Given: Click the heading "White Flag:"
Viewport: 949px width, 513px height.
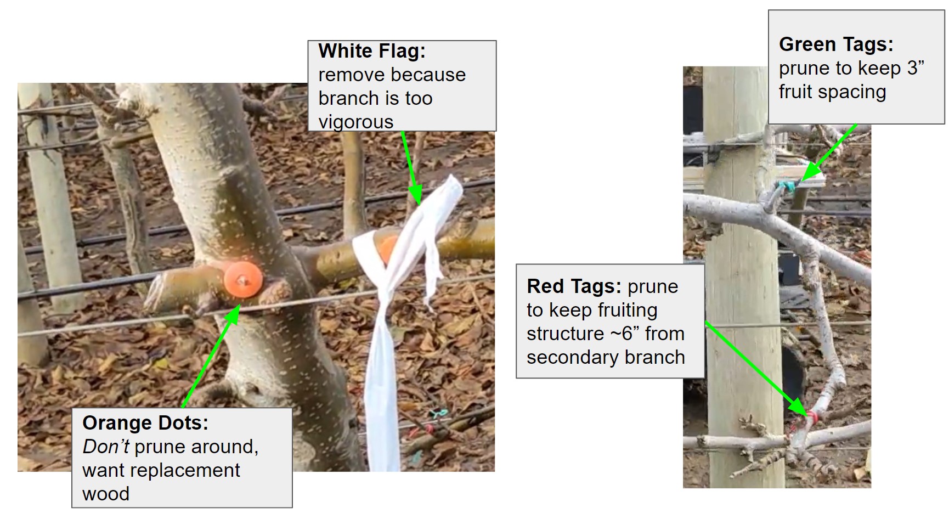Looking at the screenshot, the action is coord(372,51).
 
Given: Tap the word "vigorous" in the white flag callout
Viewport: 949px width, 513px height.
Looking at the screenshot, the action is coord(356,122).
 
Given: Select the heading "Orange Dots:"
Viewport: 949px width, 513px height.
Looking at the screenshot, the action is coord(145,423).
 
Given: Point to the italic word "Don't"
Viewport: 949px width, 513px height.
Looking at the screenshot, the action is coord(106,447).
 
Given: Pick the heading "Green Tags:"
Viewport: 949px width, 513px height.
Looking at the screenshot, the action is coord(836,44).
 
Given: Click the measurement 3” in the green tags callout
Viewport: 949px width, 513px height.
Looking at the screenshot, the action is coord(916,68).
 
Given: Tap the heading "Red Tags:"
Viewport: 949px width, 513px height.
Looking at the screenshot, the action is coord(574,286).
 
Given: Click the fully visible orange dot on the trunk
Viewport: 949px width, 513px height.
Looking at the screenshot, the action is coord(242,280).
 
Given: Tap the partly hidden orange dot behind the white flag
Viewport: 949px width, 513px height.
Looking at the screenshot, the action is coord(387,249).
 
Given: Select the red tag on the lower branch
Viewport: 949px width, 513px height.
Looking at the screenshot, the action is coord(812,417).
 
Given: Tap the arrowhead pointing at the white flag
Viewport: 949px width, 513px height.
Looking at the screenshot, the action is coord(415,196).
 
